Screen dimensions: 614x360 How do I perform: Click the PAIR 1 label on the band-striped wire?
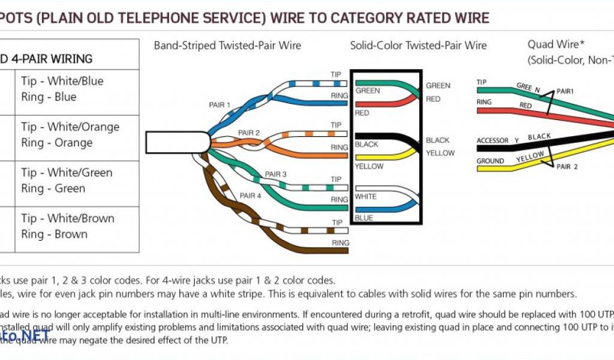point(219,105)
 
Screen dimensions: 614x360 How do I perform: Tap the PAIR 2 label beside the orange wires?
point(249,133)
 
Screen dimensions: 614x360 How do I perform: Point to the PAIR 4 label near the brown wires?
point(251,196)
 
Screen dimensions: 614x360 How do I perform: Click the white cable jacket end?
point(177,142)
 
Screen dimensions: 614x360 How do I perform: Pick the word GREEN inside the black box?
point(368,91)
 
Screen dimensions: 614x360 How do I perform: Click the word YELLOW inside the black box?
point(369,166)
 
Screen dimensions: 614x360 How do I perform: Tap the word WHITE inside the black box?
point(366,196)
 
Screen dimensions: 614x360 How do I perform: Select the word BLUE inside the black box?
point(364,218)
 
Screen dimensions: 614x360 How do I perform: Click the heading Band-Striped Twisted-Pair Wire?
point(228,46)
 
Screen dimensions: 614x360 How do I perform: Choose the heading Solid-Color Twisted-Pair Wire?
point(419,46)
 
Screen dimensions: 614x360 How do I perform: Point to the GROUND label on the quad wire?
point(490,161)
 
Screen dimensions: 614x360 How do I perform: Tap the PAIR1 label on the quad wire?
point(565,92)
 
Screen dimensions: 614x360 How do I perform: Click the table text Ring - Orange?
point(57,143)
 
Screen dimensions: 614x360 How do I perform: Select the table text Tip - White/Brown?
point(68,218)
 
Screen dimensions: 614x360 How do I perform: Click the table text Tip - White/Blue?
point(62,81)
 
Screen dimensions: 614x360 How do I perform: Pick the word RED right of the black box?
point(433,99)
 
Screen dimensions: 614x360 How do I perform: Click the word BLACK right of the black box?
point(438,140)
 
